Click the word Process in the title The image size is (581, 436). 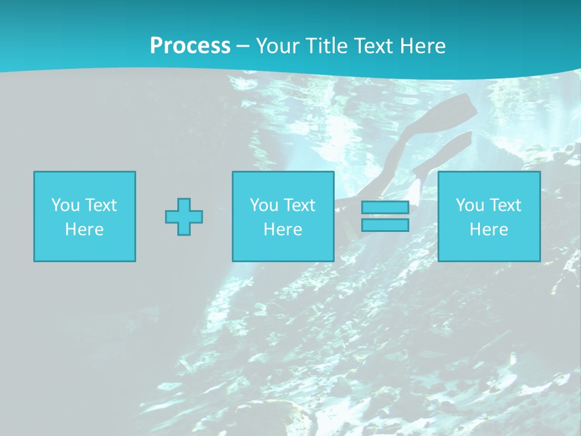click(190, 46)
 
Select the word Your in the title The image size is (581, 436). click(277, 46)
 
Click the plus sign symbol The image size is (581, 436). click(184, 217)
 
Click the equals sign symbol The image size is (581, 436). click(385, 217)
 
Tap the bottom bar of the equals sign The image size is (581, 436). click(385, 225)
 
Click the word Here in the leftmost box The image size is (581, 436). click(85, 230)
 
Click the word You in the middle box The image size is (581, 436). click(264, 205)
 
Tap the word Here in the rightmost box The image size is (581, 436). click(489, 230)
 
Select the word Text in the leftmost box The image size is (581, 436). click(101, 205)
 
